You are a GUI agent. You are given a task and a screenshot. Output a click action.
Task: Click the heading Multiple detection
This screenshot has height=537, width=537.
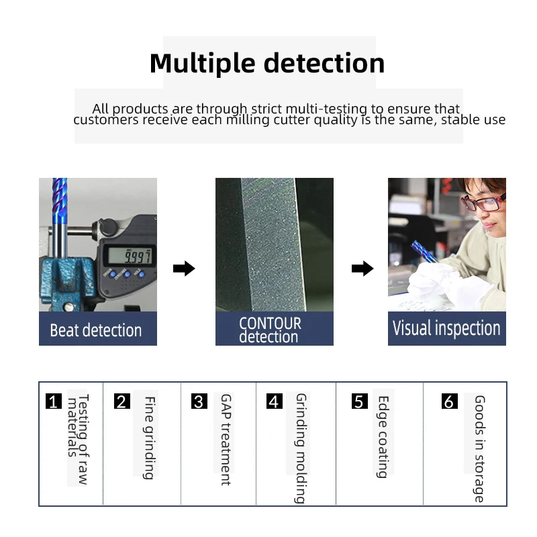click(267, 63)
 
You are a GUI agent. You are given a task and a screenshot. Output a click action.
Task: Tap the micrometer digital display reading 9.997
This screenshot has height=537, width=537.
click(132, 256)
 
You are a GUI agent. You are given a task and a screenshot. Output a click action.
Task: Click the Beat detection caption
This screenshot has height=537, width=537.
click(96, 330)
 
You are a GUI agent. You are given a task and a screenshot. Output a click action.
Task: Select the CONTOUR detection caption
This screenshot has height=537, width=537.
click(271, 330)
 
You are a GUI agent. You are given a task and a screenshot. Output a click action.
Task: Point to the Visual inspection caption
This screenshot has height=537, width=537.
click(446, 328)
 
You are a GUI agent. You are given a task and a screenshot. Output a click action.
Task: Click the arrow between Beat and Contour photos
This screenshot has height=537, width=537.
click(184, 269)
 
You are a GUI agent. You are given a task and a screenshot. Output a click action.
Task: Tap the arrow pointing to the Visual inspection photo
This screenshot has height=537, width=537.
click(362, 269)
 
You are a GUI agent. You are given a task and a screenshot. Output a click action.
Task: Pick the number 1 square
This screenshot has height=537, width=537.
click(54, 402)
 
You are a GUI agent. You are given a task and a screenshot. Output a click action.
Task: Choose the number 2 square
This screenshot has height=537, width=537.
click(121, 402)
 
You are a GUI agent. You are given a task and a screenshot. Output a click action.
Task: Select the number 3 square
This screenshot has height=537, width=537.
click(199, 402)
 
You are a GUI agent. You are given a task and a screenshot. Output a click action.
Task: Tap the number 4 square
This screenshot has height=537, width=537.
click(274, 402)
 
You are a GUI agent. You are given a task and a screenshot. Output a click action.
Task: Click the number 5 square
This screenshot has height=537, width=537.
click(360, 402)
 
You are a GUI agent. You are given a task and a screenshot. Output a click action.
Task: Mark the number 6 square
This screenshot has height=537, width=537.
click(450, 402)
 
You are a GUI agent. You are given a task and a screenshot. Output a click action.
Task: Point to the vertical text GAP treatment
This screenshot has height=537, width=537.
click(226, 440)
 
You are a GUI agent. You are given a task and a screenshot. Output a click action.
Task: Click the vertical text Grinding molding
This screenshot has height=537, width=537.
click(301, 448)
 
